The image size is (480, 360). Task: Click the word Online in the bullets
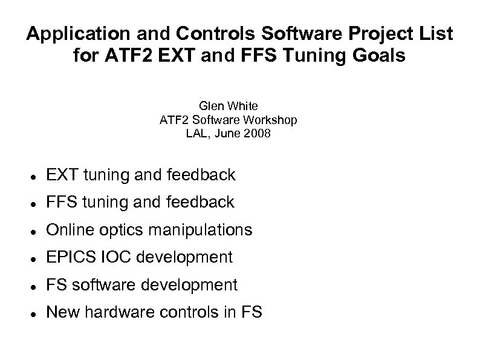(x=66, y=230)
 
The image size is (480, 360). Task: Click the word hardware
(x=111, y=312)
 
